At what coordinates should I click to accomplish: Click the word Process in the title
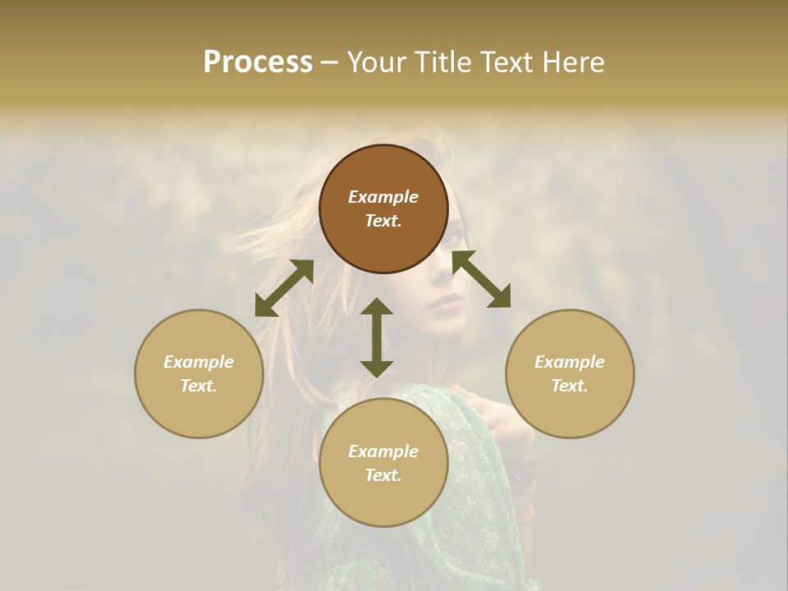(258, 62)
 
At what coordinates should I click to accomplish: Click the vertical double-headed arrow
(377, 337)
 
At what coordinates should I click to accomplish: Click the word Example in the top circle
(383, 197)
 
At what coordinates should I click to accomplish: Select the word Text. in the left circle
(199, 386)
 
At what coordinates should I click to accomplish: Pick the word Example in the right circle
(570, 362)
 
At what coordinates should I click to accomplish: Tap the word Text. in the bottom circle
(383, 475)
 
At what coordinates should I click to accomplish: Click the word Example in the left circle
(199, 362)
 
